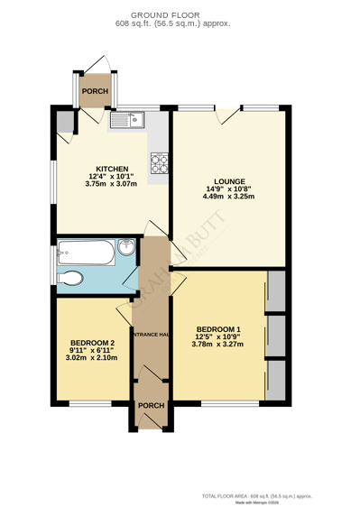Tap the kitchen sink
pos(127,119)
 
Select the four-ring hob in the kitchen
pos(159,162)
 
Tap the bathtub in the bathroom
pos(87,253)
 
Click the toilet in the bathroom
pos(70,278)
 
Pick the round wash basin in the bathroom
pos(125,249)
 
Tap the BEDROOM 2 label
pos(92,343)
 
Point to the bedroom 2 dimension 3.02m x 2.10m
pos(92,358)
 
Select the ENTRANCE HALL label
pos(151,335)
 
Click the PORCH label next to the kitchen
pos(95,91)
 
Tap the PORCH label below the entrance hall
pos(151,406)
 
